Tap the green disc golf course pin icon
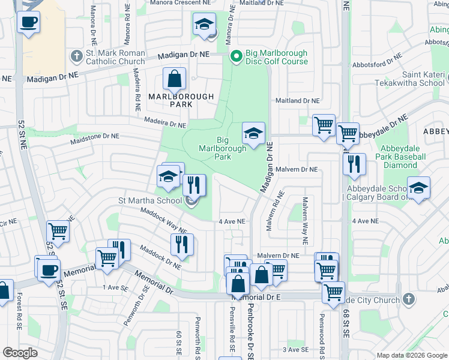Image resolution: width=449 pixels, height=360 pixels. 237,57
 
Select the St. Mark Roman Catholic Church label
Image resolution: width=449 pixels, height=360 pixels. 115,57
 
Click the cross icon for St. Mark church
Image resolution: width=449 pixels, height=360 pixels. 76,57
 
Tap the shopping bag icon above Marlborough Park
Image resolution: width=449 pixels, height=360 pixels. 174,79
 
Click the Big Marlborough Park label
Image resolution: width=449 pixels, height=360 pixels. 223,148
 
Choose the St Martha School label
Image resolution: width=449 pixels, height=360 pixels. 152,201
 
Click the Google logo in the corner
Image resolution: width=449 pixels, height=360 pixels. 20,353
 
